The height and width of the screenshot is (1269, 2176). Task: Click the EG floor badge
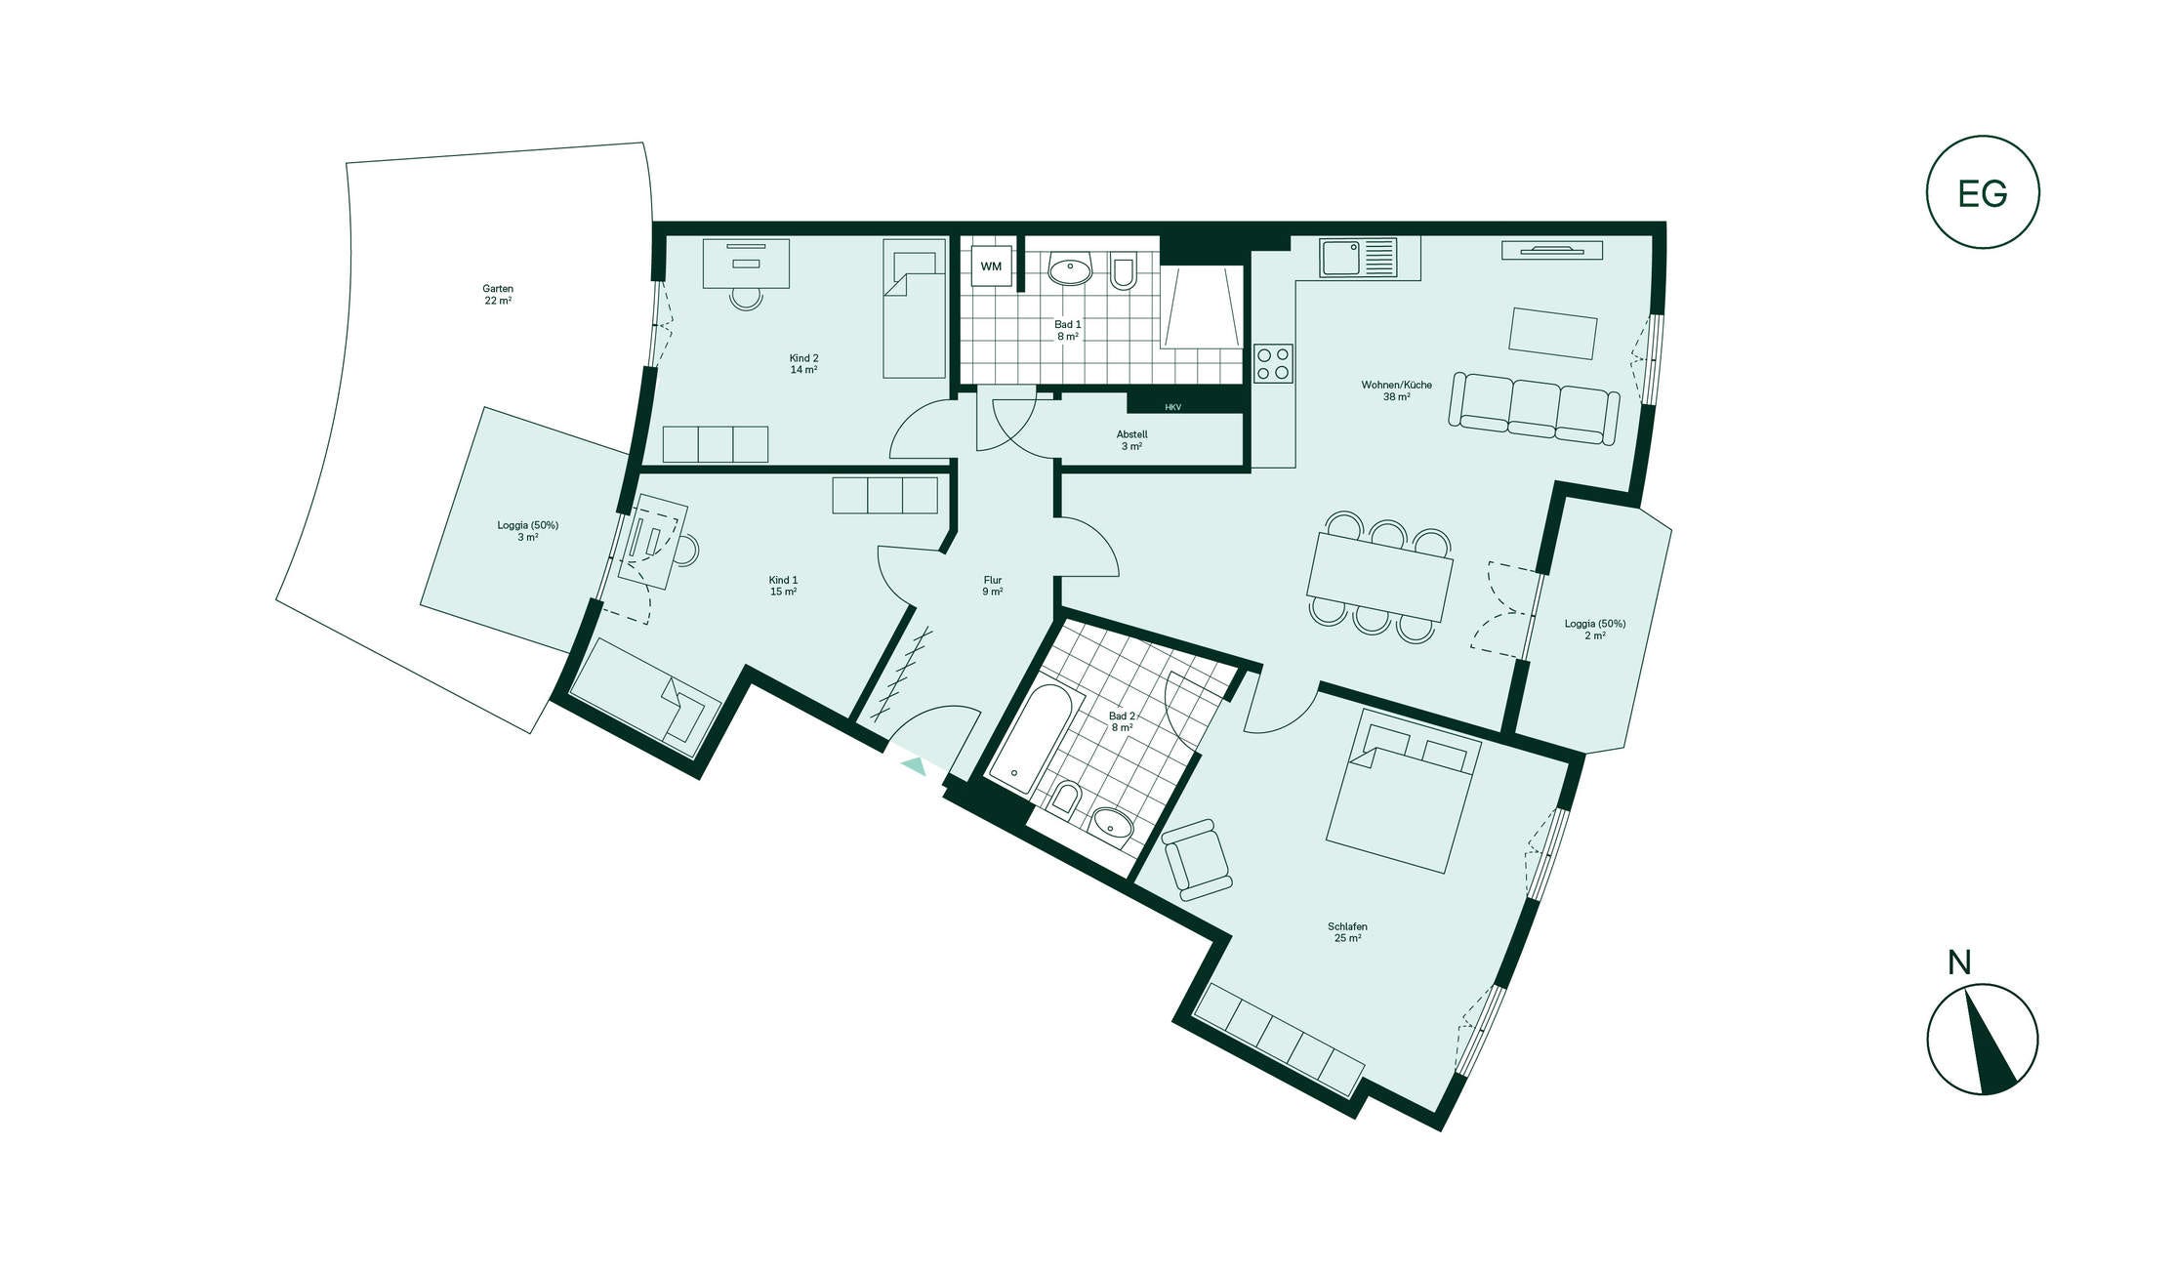(x=1983, y=192)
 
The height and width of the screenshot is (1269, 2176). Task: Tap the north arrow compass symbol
(x=1983, y=1039)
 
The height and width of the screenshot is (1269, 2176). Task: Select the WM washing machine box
(x=991, y=266)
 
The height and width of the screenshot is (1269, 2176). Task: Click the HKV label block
(x=1173, y=406)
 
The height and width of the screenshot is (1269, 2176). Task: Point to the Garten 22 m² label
(x=498, y=295)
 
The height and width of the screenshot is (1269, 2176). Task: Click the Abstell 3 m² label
(x=1132, y=440)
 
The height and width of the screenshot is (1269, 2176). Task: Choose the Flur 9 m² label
(x=993, y=586)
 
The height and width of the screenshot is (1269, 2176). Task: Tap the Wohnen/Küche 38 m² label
(x=1397, y=390)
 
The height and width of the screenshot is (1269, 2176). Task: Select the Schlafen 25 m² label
(x=1348, y=932)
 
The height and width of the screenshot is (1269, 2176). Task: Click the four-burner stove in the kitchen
(x=1274, y=363)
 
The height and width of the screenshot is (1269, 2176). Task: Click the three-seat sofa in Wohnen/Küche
(x=1534, y=408)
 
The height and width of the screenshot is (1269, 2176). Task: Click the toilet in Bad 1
(x=1124, y=270)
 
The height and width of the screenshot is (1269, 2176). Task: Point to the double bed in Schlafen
(x=1403, y=791)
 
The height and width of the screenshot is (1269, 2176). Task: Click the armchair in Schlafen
(x=1197, y=859)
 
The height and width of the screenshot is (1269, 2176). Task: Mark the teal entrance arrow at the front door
(x=913, y=765)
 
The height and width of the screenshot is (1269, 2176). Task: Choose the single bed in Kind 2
(x=915, y=308)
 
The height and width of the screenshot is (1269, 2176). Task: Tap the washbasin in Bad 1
(x=1071, y=269)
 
